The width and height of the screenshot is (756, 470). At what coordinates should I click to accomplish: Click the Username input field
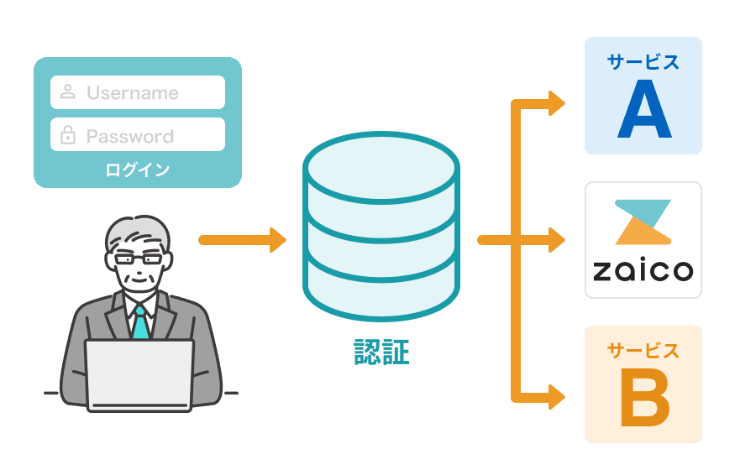(x=138, y=92)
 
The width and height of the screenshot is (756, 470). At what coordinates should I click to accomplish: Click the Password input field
(x=138, y=134)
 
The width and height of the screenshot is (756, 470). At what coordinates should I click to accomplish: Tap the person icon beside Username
(x=68, y=91)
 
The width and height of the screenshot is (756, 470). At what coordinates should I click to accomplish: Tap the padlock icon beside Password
(x=68, y=134)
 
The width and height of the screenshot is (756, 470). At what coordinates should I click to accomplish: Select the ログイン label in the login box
(x=138, y=170)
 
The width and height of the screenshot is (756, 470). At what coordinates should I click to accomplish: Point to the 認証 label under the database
(x=381, y=352)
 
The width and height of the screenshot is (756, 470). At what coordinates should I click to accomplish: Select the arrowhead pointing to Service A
(x=556, y=103)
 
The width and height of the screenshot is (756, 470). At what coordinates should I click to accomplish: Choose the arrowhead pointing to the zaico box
(x=556, y=240)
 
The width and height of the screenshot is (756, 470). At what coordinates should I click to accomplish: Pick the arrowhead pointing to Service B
(x=556, y=395)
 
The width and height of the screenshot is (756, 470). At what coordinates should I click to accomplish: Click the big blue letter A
(x=644, y=110)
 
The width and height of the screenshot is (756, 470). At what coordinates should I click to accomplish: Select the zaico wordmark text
(x=643, y=270)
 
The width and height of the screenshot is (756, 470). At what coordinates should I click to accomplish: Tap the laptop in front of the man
(x=139, y=373)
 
